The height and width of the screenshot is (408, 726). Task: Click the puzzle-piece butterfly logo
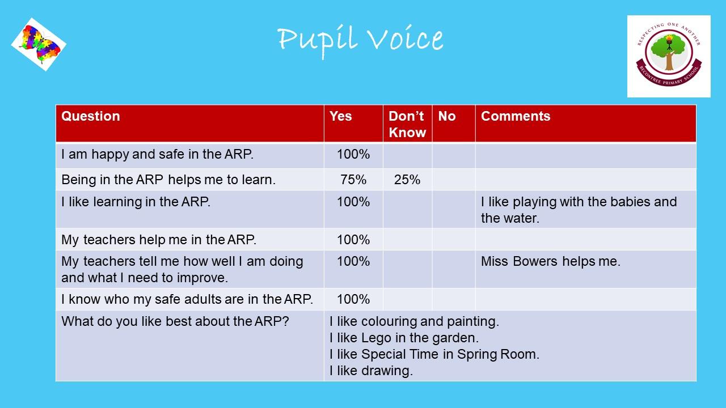39,44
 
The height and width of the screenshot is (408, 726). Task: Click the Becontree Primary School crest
669,56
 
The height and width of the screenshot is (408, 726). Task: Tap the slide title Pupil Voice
360,41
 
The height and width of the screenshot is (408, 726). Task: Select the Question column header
90,116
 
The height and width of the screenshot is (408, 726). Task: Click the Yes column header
340,116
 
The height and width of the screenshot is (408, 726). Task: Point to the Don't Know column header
407,124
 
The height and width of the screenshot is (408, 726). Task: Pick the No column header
446,116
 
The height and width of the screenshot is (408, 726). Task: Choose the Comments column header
516,116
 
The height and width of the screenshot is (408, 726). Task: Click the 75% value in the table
353,180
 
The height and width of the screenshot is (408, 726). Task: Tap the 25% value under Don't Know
407,180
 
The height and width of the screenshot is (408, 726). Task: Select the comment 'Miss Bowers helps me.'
550,261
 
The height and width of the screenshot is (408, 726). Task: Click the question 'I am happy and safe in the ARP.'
157,154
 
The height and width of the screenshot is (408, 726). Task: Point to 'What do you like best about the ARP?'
175,321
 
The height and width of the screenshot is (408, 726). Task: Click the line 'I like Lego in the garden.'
404,338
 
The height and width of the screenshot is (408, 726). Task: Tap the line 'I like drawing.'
371,371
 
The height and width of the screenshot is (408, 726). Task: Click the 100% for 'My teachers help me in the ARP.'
353,240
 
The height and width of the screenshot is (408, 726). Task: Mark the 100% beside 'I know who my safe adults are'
353,299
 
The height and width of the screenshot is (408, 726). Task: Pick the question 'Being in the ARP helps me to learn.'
168,180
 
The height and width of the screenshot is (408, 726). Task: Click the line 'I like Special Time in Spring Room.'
434,354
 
